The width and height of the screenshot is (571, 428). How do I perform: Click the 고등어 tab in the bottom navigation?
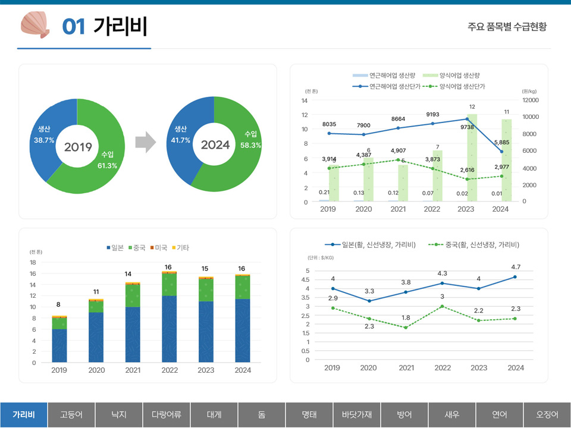click(x=71, y=414)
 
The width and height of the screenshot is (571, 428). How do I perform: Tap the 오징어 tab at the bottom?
click(x=547, y=414)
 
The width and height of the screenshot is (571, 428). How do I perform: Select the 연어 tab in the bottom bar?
click(x=500, y=414)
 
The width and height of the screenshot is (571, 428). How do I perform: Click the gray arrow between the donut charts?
click(x=145, y=143)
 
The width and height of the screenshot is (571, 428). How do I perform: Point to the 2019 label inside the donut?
click(x=77, y=146)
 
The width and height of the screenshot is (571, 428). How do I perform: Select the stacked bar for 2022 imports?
click(x=170, y=318)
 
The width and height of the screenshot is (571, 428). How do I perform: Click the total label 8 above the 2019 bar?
click(x=58, y=305)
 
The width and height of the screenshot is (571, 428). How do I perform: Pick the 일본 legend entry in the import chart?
click(x=117, y=247)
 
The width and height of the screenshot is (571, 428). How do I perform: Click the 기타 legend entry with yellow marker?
click(x=181, y=247)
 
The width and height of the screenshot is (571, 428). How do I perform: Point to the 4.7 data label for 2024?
click(x=516, y=267)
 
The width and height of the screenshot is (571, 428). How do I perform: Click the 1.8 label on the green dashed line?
click(x=406, y=318)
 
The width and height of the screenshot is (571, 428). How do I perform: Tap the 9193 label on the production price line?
click(x=433, y=114)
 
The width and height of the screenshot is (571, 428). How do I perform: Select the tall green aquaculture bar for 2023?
click(x=472, y=158)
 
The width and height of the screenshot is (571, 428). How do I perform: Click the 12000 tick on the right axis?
click(x=531, y=100)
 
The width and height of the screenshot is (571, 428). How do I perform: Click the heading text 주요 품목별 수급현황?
click(x=507, y=27)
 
